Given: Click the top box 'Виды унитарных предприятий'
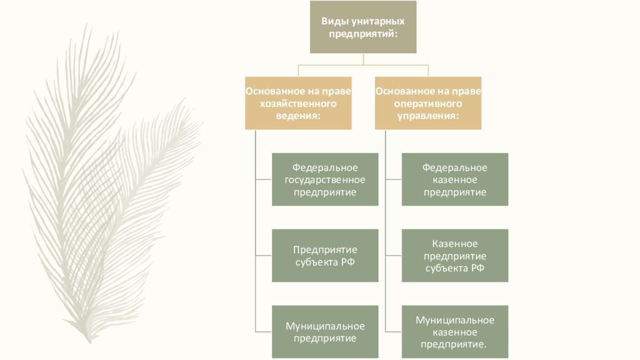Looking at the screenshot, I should [363, 27].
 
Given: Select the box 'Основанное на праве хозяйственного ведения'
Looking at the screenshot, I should [298, 103].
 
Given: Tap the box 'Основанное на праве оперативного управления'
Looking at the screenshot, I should [428, 103].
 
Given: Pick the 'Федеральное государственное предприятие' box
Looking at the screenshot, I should [325, 179].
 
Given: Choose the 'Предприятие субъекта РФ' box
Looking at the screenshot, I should [325, 255].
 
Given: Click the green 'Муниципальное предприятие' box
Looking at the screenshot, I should [325, 331].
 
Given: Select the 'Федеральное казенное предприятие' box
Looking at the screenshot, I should [455, 179].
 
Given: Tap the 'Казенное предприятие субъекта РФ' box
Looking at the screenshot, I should [455, 255].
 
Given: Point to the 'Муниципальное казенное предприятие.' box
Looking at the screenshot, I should [455, 331].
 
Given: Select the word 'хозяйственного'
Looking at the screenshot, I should [298, 103].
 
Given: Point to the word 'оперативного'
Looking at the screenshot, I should [428, 103].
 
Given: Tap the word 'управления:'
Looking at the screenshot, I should [428, 116].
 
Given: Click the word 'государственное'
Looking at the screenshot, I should [325, 180].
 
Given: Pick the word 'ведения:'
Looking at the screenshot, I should [298, 116].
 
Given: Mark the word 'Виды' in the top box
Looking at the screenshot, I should [336, 21].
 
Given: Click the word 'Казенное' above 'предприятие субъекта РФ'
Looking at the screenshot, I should [455, 243].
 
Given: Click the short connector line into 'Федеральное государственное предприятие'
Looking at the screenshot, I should [264, 179].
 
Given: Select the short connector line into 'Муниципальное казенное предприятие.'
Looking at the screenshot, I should [393, 331].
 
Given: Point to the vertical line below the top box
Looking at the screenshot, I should [363, 59].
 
